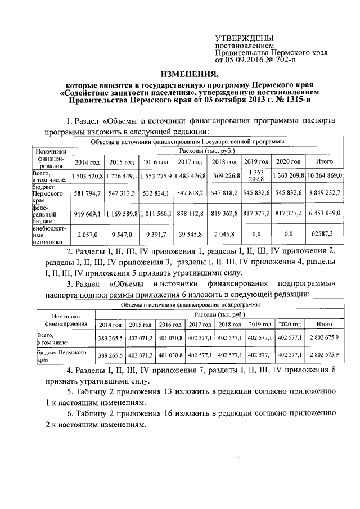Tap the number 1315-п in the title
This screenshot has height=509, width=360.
pos(292,100)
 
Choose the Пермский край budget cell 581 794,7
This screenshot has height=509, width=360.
pos(87,193)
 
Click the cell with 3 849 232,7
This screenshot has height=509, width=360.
pos(324,193)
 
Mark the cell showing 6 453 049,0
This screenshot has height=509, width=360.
pos(324,214)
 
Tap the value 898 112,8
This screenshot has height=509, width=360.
pos(190,214)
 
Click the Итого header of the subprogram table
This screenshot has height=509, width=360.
pos(324,325)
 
